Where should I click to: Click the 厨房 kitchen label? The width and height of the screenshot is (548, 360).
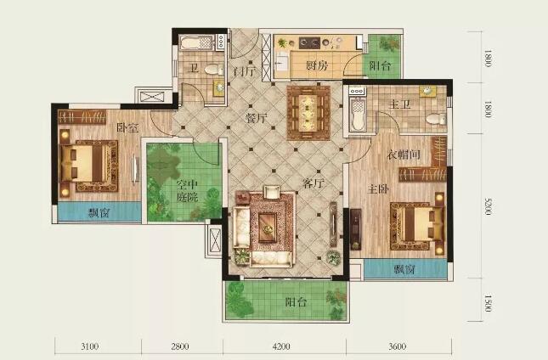click(317, 65)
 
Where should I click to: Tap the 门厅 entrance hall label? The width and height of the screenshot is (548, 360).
click(245, 71)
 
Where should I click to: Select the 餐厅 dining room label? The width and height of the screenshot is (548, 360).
click(257, 118)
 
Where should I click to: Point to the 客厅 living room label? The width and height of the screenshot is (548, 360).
click(314, 183)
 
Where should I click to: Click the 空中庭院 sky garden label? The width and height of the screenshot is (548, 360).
click(187, 191)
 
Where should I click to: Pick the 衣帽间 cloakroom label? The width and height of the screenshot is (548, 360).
click(404, 155)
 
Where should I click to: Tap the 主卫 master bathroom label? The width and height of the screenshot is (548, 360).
click(400, 104)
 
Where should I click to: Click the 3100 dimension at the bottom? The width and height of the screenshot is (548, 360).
click(89, 346)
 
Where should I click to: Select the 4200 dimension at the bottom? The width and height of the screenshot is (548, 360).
click(281, 346)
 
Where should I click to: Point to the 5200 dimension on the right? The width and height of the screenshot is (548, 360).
click(489, 206)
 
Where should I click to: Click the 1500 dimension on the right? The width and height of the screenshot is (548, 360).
click(489, 303)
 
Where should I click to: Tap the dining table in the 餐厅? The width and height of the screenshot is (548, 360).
click(308, 113)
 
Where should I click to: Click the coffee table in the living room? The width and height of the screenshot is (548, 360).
click(268, 228)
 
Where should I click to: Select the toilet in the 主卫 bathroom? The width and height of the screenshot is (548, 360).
click(436, 119)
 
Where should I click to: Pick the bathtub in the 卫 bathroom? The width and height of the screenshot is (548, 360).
click(195, 43)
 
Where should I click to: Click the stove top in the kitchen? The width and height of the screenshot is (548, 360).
click(309, 43)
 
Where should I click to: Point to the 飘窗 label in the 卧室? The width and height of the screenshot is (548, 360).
click(99, 212)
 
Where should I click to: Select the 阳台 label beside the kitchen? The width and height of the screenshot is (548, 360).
click(380, 65)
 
